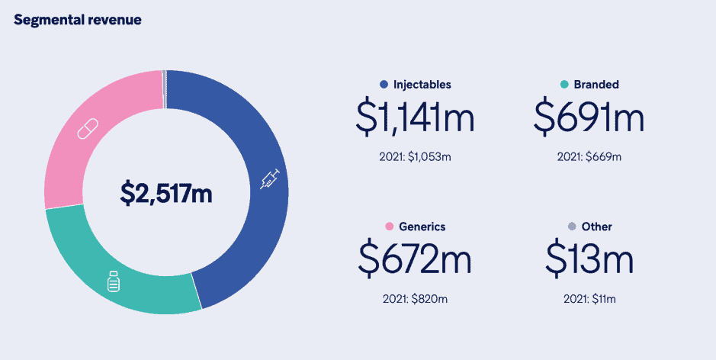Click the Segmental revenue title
pos(78,20)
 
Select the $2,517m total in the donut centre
pos(166,194)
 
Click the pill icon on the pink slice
pos(88,128)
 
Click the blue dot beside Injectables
pos(384,85)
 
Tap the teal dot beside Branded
pos(563,85)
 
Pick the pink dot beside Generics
pos(389,227)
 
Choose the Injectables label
pos(422,85)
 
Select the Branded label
pos(596,85)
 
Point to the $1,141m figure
pos(416,118)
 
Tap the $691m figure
pos(589,118)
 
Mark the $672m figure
pos(416,259)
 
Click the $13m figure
pos(589,259)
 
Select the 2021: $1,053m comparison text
pos(416,157)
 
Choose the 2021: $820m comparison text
pos(416,298)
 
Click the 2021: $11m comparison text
pos(589,298)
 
